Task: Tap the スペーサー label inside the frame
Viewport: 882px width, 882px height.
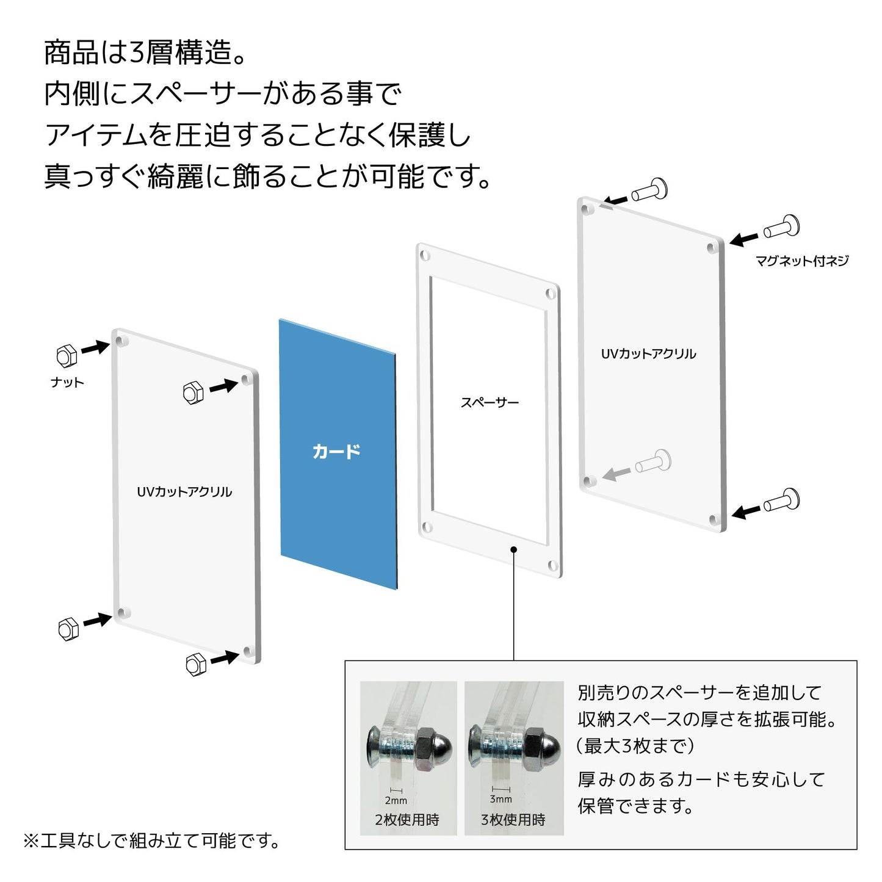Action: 489,402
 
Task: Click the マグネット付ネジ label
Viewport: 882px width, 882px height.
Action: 801,261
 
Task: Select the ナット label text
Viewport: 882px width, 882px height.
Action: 67,383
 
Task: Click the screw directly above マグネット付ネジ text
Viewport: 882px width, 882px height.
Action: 781,228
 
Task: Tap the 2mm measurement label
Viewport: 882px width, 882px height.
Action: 396,800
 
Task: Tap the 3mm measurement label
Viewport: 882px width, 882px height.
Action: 501,798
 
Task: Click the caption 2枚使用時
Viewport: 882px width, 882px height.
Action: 407,820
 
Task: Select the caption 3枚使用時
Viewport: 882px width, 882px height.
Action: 513,820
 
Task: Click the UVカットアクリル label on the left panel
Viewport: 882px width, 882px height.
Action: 184,492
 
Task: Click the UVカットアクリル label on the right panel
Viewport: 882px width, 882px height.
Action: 648,354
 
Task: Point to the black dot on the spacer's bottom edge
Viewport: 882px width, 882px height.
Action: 514,549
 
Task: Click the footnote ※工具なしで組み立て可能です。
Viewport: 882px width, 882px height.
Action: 152,841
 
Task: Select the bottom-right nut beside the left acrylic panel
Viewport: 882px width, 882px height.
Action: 195,664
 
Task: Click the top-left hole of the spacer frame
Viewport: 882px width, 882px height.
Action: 425,254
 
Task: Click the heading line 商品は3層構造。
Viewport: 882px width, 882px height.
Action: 146,52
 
